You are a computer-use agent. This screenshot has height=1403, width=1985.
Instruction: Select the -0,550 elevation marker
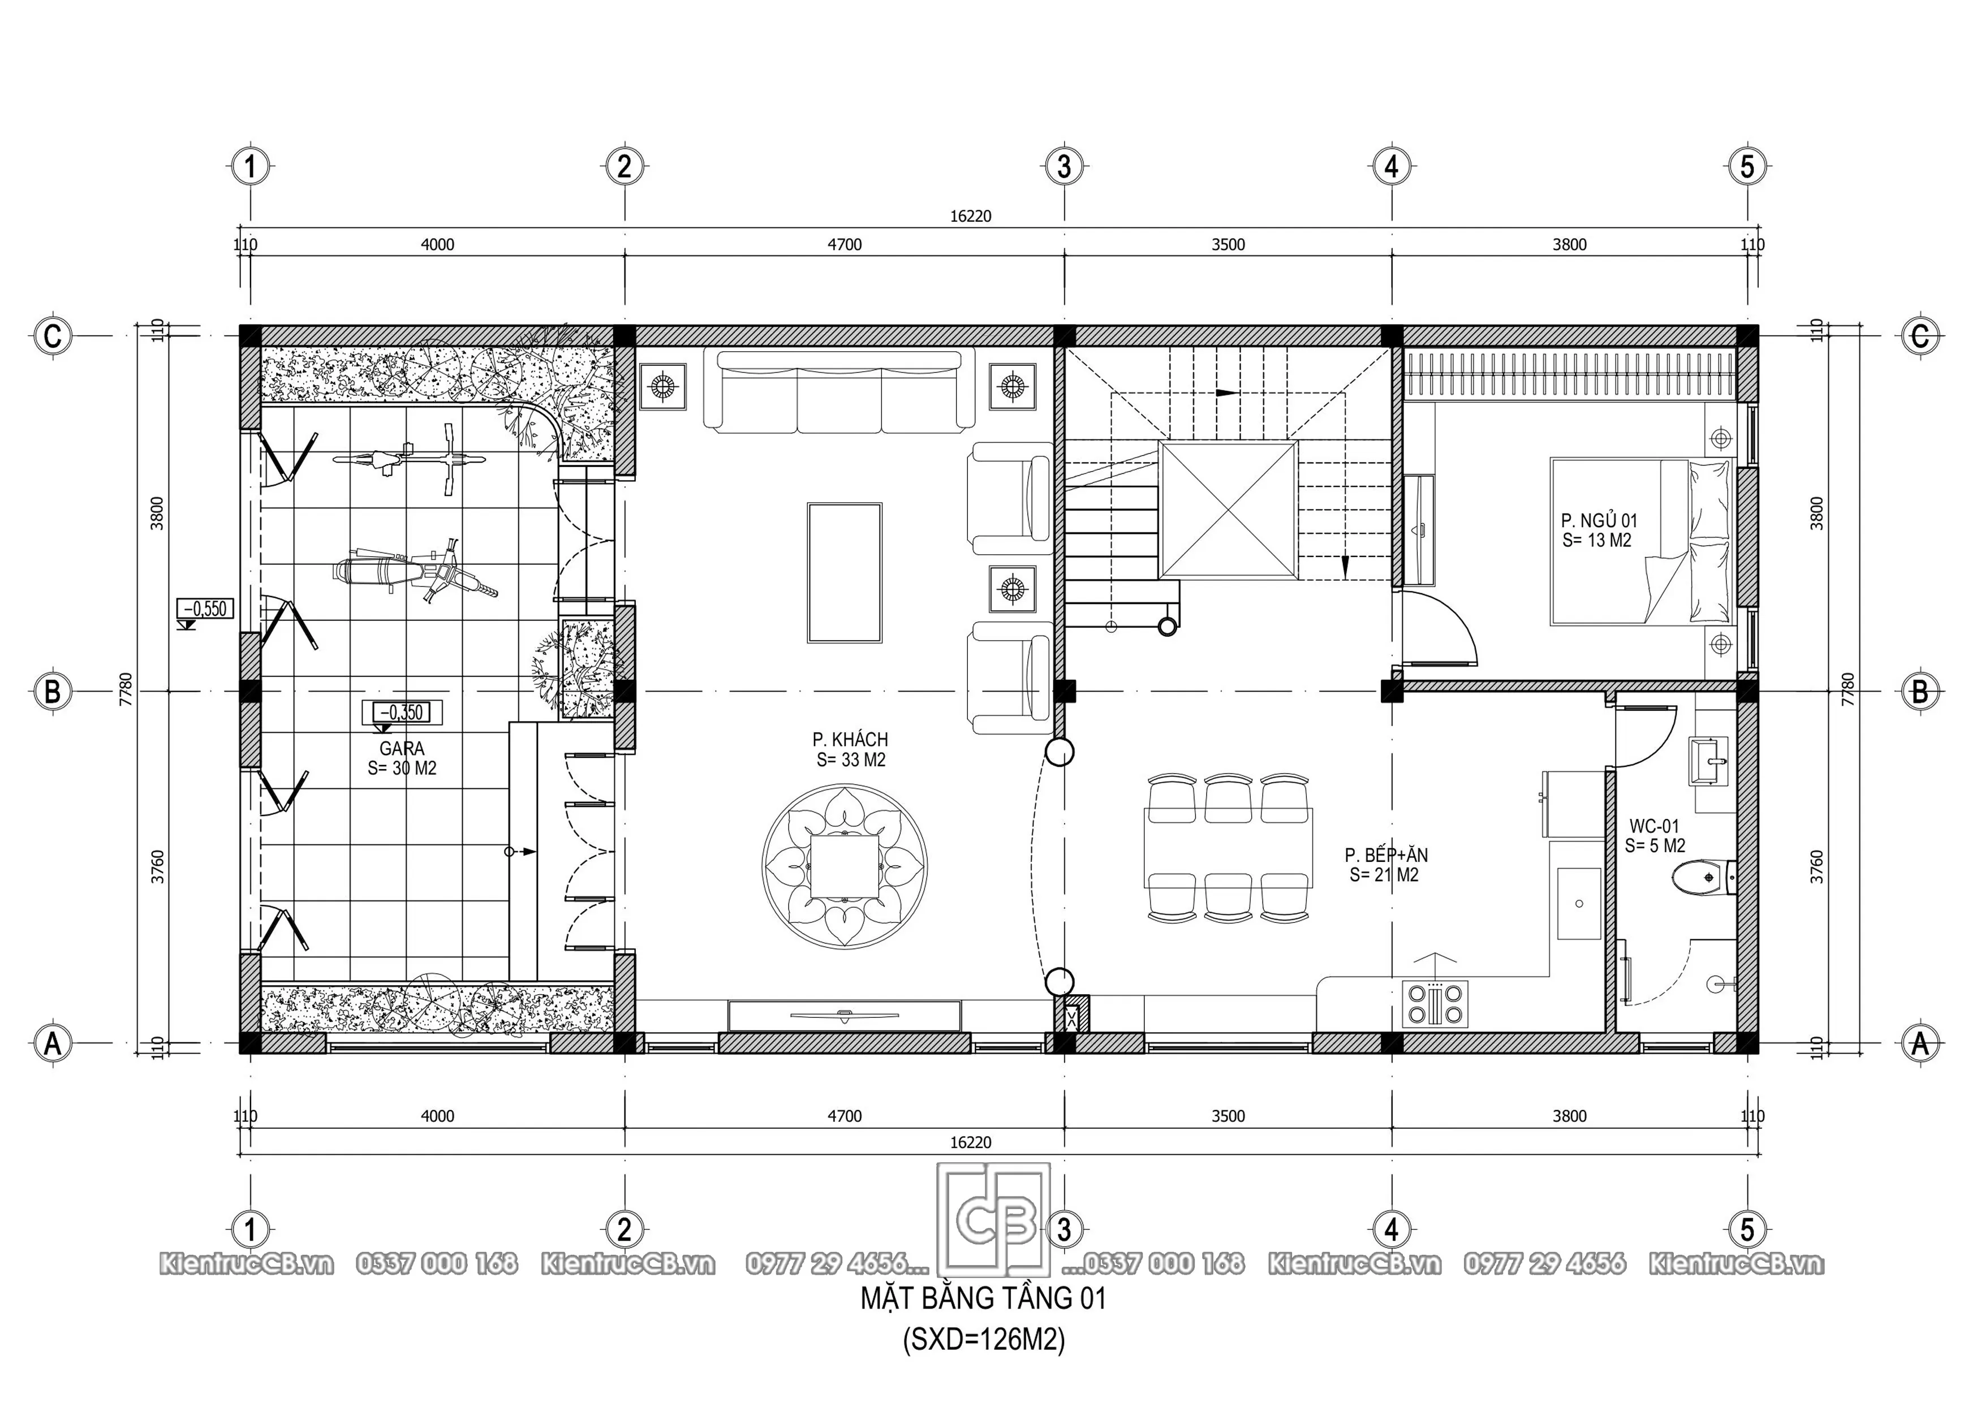click(x=204, y=610)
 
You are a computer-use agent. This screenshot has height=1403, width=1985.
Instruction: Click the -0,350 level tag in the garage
click(x=402, y=713)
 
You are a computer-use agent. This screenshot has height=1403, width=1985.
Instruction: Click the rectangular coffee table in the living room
click(x=845, y=573)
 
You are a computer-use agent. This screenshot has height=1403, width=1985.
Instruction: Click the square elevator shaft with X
click(x=1228, y=509)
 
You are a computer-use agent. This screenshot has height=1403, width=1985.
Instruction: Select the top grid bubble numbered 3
click(x=1063, y=166)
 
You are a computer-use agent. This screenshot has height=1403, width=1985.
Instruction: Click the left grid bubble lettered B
click(x=53, y=692)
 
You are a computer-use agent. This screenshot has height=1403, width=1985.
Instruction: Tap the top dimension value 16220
click(x=970, y=216)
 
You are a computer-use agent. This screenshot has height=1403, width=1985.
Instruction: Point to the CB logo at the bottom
click(x=994, y=1220)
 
